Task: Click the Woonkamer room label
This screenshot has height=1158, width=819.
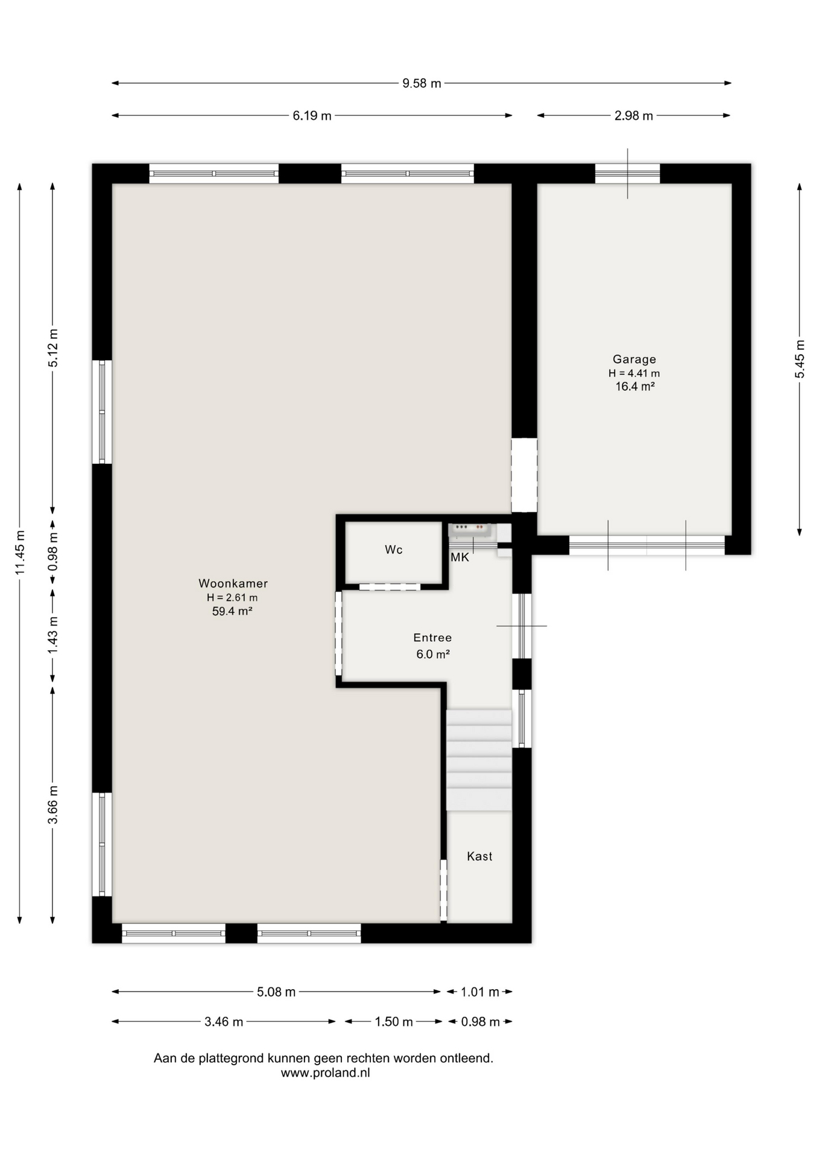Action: tap(233, 583)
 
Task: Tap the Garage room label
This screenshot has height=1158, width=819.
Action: tap(634, 359)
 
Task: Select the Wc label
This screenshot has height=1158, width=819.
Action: tap(394, 549)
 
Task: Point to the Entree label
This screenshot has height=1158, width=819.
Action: tap(432, 638)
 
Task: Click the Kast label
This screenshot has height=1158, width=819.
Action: tap(479, 856)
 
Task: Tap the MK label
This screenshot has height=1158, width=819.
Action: tap(460, 557)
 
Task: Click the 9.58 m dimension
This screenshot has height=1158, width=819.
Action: tap(422, 83)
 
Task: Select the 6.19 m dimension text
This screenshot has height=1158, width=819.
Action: tap(312, 116)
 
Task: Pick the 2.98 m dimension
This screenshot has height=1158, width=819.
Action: tap(634, 116)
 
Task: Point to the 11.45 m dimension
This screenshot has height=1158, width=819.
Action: tap(20, 552)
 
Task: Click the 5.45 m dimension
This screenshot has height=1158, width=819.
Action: tap(800, 359)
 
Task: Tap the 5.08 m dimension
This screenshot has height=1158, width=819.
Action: tap(276, 992)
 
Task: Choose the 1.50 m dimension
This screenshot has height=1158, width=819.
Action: tap(394, 1022)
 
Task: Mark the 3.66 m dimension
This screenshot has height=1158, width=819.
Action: tap(53, 805)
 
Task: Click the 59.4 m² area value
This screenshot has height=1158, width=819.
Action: tap(232, 611)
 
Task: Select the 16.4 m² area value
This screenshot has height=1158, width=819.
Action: tap(635, 387)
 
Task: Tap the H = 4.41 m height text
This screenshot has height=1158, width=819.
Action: tap(634, 373)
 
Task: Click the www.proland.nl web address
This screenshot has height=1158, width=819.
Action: tap(325, 1073)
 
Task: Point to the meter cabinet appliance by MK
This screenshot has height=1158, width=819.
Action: tap(471, 530)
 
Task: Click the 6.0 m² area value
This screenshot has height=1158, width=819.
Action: tap(433, 654)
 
